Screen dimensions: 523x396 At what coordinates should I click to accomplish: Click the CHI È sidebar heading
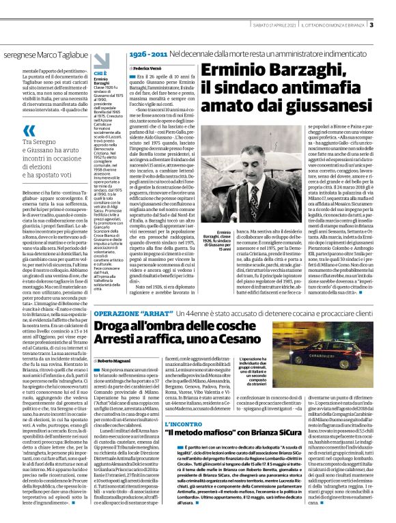100,72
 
